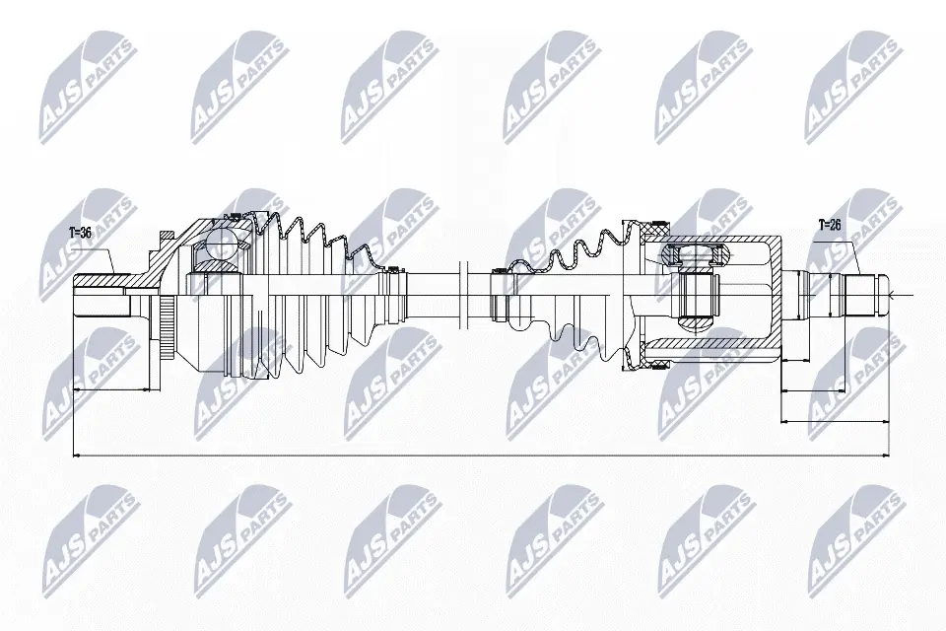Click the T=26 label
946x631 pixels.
point(831,224)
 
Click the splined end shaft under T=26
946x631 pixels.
point(862,294)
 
